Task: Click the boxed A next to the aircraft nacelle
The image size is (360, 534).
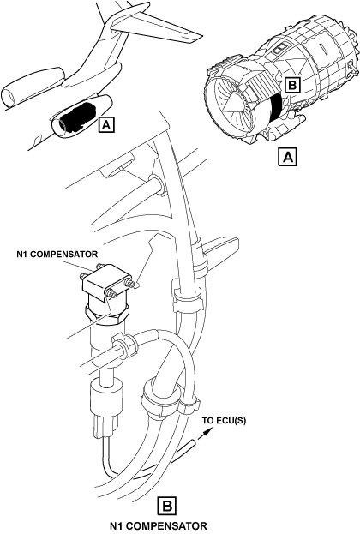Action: [106, 125]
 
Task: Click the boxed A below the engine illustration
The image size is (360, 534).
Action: [288, 157]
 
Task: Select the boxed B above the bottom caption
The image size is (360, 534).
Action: [167, 506]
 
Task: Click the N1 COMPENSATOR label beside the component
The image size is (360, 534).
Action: [57, 254]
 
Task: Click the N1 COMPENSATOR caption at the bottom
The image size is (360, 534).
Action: [158, 525]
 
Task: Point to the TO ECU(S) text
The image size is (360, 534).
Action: [224, 421]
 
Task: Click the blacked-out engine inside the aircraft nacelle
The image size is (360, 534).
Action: [78, 117]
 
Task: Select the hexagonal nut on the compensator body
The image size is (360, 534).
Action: [107, 314]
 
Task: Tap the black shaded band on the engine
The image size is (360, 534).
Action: [277, 109]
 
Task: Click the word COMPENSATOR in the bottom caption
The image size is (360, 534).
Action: [168, 525]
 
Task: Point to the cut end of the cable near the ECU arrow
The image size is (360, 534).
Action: [193, 443]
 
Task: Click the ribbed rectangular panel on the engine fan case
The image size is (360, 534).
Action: [263, 84]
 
